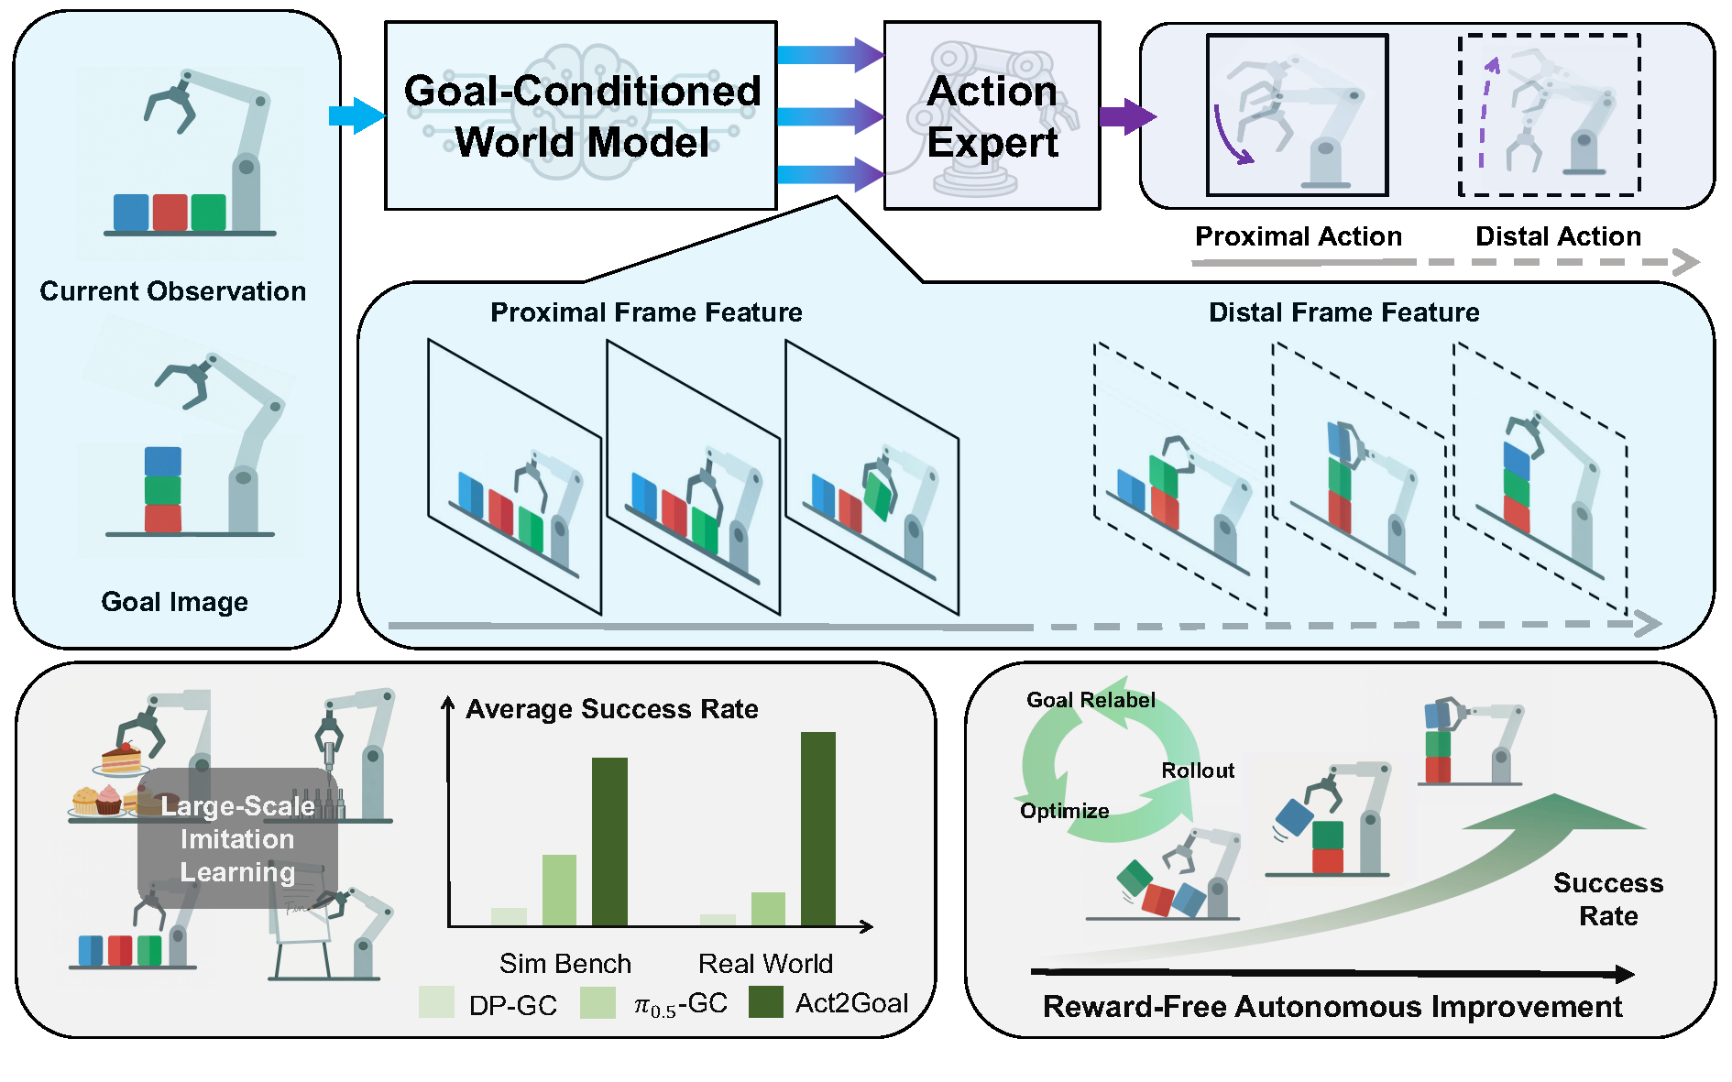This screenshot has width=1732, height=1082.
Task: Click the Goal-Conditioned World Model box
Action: tap(581, 115)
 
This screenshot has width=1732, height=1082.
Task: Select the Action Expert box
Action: tap(992, 115)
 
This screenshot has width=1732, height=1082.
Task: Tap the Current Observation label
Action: tap(173, 291)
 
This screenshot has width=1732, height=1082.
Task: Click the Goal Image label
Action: tap(174, 602)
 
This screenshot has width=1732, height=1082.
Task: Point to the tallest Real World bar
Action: tap(817, 828)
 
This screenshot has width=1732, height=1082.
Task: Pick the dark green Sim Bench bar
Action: tap(609, 841)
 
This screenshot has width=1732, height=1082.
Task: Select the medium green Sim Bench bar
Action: tap(559, 890)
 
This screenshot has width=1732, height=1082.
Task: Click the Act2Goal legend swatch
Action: tap(765, 1002)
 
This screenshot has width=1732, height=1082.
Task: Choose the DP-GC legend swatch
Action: tap(436, 1002)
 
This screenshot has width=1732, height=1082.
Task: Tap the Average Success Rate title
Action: tap(611, 709)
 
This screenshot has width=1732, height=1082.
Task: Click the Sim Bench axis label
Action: tap(565, 964)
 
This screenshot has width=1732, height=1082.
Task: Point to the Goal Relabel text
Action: tap(1090, 700)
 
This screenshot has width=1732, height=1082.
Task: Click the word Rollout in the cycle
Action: tap(1197, 771)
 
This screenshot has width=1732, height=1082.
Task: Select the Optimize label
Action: tap(1064, 811)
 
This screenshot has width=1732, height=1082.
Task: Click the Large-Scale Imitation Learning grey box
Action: tap(237, 838)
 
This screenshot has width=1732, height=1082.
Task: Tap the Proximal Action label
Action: tap(1298, 236)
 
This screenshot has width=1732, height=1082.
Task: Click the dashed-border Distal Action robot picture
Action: tap(1549, 115)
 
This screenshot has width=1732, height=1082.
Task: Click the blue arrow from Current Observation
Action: tap(356, 115)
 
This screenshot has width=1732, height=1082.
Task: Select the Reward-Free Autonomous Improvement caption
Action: tap(1332, 1007)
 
